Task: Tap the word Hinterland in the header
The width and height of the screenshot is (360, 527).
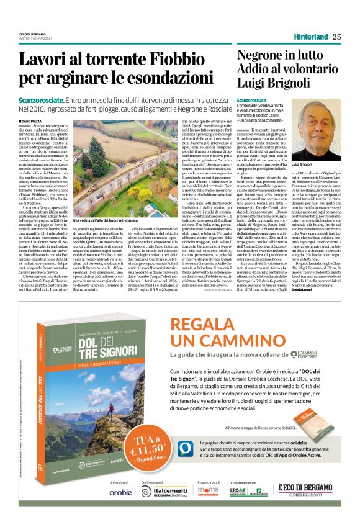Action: tap(310, 37)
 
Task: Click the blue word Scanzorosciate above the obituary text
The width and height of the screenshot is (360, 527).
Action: tap(255, 101)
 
